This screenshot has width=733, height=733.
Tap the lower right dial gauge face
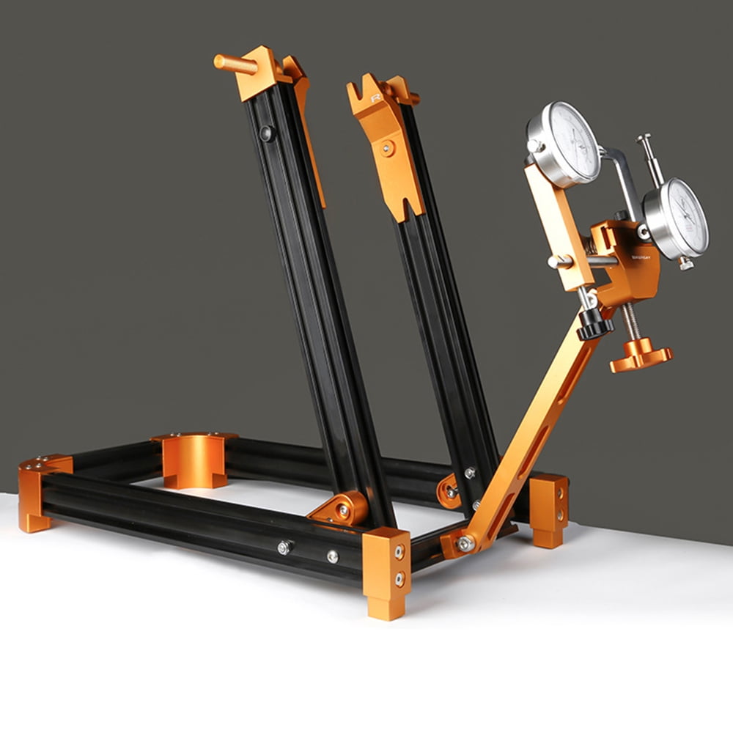678,218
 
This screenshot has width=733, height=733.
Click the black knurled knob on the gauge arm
594,323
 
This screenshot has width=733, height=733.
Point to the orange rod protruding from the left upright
235,64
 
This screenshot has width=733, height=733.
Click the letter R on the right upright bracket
376,98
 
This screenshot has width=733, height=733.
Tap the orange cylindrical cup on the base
194,460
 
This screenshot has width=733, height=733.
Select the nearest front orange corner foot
386,572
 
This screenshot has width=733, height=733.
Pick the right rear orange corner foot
549,509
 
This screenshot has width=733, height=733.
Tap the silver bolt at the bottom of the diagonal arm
463,543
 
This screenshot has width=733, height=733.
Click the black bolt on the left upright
268,133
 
